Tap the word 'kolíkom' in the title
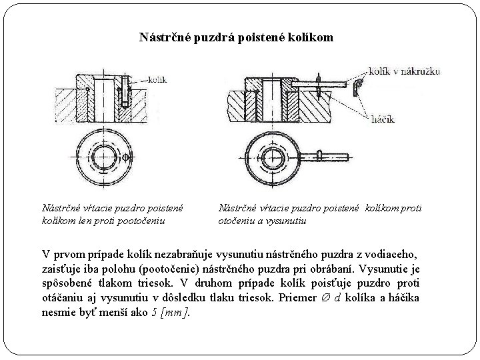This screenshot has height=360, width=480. (x=309, y=37)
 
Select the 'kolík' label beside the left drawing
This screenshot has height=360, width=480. (x=157, y=79)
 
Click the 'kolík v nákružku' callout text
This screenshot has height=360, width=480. (x=404, y=71)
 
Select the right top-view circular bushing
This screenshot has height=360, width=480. (x=271, y=157)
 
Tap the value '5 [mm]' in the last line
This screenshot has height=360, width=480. (x=170, y=312)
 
